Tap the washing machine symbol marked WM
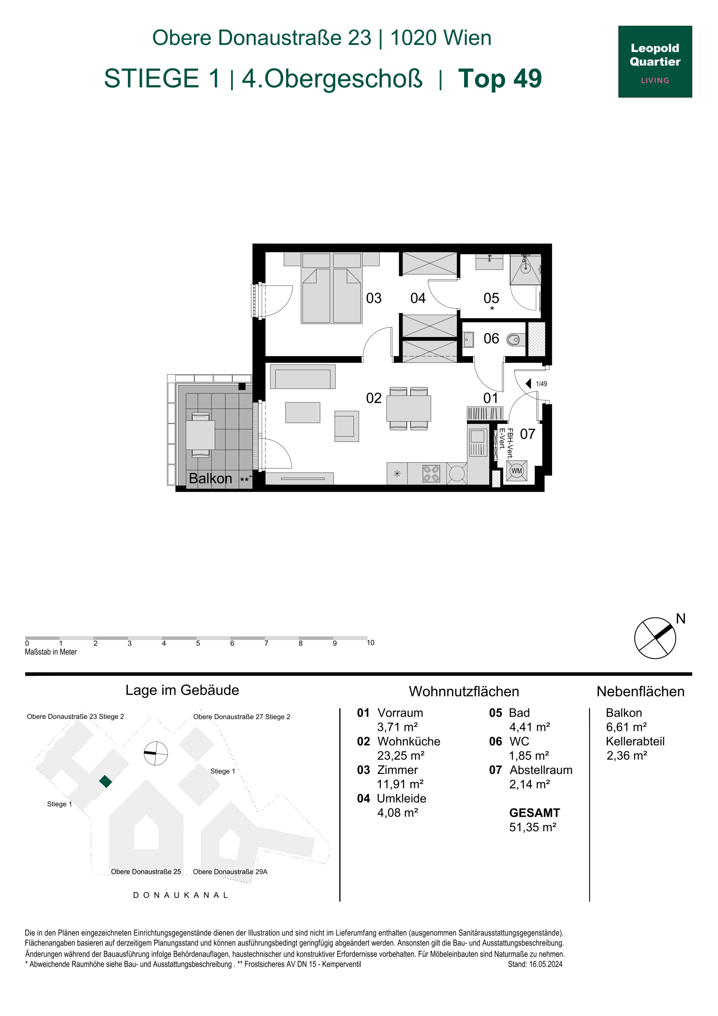[x=516, y=471]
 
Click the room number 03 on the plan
[x=374, y=298]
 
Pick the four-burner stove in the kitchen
[x=431, y=473]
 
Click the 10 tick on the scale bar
[x=370, y=642]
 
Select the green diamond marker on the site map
[x=105, y=781]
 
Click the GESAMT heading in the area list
[x=534, y=813]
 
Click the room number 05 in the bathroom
[x=491, y=298]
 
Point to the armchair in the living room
[x=347, y=426]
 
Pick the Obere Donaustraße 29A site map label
[x=230, y=871]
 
